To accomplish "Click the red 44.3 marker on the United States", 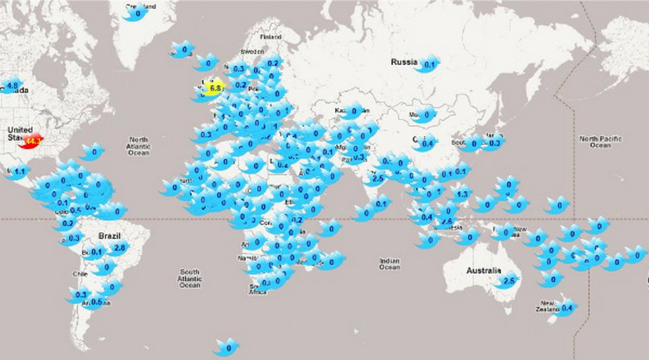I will click(32, 140).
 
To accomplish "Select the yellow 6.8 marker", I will click(214, 88).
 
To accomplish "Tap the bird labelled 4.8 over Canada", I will click(11, 85).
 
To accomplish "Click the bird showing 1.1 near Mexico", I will click(18, 172).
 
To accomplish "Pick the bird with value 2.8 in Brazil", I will click(119, 248).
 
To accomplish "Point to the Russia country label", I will click(403, 63).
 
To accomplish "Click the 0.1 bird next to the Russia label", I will click(428, 65).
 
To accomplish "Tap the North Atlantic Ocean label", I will click(139, 146).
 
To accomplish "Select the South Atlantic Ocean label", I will click(190, 278).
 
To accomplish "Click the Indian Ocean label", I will click(389, 264).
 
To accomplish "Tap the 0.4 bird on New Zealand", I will click(565, 307).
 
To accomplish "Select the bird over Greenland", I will click(137, 13).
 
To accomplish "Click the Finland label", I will click(270, 37).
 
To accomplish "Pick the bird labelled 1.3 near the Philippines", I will click(462, 194).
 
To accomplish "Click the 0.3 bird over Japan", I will click(494, 142).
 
